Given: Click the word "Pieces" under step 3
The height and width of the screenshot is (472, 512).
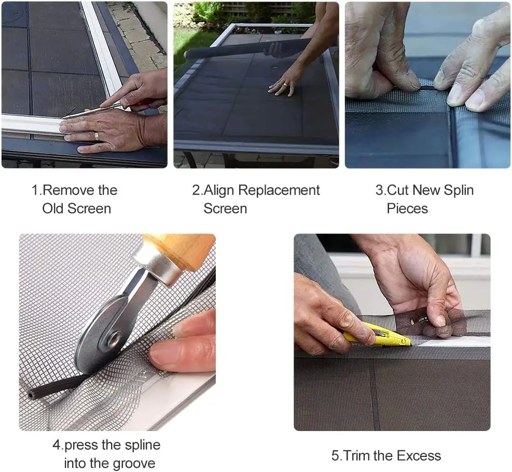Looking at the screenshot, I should pos(407,209).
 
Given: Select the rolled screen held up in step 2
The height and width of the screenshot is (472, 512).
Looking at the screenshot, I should pos(239,50).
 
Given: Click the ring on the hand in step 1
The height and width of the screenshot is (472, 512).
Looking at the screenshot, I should pos(96,136).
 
